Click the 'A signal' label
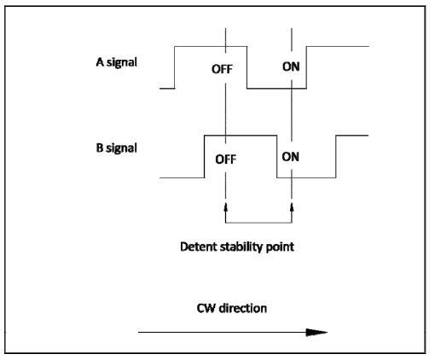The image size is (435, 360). click(x=117, y=62)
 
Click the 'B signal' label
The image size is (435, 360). click(x=117, y=148)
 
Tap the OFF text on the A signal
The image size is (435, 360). click(x=222, y=69)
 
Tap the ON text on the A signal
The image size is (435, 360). click(x=291, y=67)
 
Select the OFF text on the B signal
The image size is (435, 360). click(x=226, y=160)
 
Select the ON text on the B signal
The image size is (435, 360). click(x=291, y=157)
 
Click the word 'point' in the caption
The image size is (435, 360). click(x=280, y=247)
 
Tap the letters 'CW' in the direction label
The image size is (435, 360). click(x=206, y=309)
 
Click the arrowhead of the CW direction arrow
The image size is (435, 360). click(x=316, y=332)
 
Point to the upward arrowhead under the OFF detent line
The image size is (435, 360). click(x=226, y=207)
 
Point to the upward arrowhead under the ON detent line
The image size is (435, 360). click(x=292, y=207)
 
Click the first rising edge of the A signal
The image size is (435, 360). click(x=175, y=67)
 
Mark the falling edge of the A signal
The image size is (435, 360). click(x=246, y=67)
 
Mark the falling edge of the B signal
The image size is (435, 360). click(x=277, y=157)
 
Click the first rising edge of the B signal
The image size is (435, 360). click(x=205, y=157)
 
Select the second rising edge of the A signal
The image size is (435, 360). click(x=306, y=67)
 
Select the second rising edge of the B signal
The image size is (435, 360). click(x=336, y=157)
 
